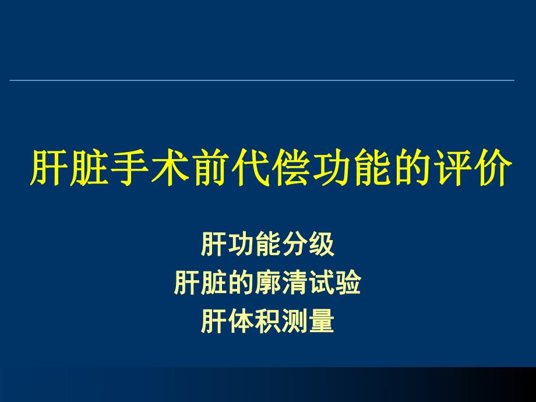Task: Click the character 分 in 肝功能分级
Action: (x=295, y=245)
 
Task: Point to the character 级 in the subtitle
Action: (x=322, y=245)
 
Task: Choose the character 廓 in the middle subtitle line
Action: (x=267, y=283)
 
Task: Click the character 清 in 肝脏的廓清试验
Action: (x=295, y=283)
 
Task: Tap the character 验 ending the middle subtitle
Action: (x=348, y=283)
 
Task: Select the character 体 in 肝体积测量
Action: (x=241, y=322)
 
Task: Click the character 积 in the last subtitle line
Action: (x=268, y=322)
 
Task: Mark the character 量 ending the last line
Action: (x=322, y=322)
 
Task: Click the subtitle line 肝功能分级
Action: (x=268, y=245)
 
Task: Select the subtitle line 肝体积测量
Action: (x=268, y=322)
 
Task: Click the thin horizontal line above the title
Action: (x=262, y=80)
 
